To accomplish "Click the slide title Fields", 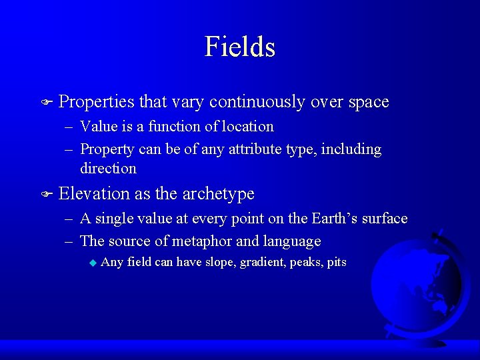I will pos(240,47).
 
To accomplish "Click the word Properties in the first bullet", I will pos(96,102).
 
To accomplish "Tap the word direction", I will pos(108,168).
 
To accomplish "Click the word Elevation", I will pos(95,194).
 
